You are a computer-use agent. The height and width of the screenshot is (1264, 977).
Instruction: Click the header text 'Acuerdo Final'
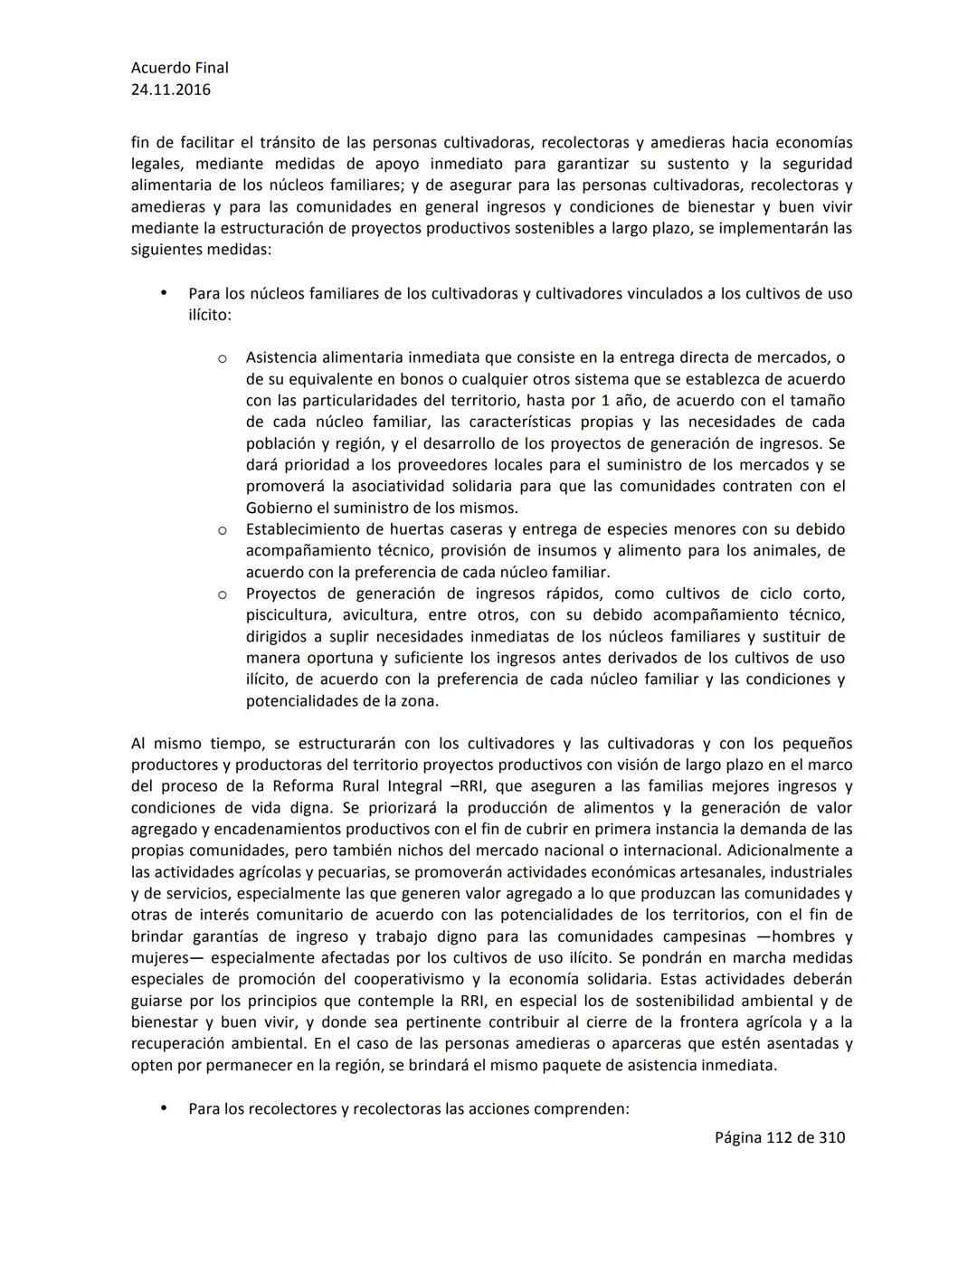click(x=179, y=68)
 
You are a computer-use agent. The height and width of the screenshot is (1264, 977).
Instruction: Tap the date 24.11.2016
click(x=170, y=90)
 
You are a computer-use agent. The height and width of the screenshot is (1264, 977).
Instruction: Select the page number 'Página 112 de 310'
click(x=779, y=1137)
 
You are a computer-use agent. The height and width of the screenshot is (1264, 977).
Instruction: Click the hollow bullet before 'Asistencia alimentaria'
click(x=222, y=358)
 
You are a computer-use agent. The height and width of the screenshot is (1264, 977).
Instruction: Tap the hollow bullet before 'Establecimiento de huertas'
click(x=222, y=530)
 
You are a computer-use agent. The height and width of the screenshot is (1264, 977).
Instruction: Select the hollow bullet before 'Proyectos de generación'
click(x=222, y=594)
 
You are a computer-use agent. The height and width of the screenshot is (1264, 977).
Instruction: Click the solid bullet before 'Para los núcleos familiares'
click(x=164, y=293)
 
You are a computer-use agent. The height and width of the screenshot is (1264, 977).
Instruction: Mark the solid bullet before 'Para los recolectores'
click(x=164, y=1107)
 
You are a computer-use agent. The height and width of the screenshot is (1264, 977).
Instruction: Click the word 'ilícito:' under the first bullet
click(x=209, y=316)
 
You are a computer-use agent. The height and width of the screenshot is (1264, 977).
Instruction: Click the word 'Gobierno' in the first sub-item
click(x=280, y=508)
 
